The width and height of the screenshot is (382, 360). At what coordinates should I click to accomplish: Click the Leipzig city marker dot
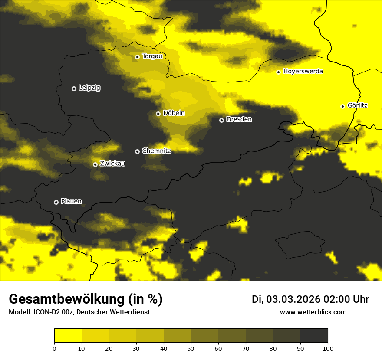coord(74,88)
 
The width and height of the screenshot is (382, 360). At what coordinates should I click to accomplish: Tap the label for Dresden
coord(239,119)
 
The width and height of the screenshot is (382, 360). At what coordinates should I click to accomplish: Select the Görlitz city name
coord(357,105)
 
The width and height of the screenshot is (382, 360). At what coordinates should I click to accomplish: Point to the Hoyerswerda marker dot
coord(278,72)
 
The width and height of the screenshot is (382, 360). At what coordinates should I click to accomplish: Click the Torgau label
coord(152,56)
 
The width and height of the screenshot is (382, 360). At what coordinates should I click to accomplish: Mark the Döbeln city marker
coord(158,114)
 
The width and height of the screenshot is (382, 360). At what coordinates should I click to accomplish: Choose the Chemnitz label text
coord(156,151)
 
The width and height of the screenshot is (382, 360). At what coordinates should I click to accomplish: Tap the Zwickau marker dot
coord(95,164)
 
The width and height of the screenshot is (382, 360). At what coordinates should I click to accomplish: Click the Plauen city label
coord(71,201)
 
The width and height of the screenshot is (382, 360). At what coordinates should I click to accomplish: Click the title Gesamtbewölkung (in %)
coord(86,299)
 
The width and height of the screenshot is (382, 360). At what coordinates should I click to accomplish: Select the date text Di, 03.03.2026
coord(286,299)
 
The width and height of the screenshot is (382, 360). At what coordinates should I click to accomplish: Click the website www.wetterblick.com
coord(313,312)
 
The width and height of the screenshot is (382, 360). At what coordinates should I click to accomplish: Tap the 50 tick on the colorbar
coord(191,348)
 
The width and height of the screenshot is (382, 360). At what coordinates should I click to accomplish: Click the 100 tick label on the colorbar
coord(328,348)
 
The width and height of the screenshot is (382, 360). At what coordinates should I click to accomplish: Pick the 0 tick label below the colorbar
coord(54,348)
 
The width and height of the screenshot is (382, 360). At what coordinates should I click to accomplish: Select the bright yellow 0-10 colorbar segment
coord(68,336)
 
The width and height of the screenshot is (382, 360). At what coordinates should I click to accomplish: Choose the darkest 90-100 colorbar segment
coord(314,336)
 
